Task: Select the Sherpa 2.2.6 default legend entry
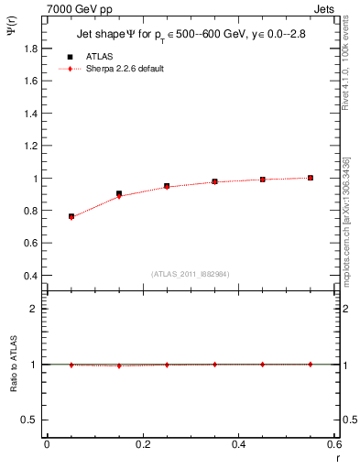(126, 69)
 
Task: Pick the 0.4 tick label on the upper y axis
(33, 276)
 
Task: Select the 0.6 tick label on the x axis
(335, 444)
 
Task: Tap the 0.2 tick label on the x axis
(143, 444)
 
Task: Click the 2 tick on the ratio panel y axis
(37, 309)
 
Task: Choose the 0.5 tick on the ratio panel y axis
(33, 420)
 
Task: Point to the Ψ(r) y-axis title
(12, 33)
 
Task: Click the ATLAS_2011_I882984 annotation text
(191, 273)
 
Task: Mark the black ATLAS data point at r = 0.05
(71, 216)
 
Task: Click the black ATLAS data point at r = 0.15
(119, 193)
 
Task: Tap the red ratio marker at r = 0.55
(311, 364)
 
